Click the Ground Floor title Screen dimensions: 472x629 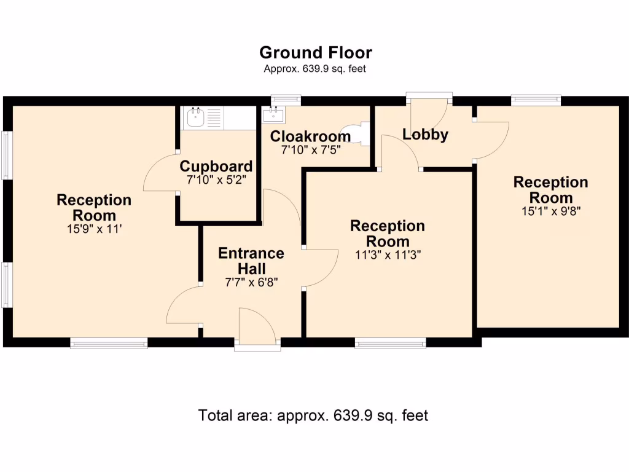click(315, 52)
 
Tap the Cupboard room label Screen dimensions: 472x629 click(216, 167)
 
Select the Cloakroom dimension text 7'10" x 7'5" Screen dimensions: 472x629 click(311, 149)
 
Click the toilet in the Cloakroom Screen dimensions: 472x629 click(356, 135)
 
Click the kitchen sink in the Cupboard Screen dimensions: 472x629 click(196, 117)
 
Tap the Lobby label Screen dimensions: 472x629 click(425, 135)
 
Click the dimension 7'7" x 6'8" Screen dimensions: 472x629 click(251, 283)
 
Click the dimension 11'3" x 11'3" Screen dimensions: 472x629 click(387, 254)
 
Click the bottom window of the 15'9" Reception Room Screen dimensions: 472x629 click(109, 344)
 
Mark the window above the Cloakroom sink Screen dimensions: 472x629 click(286, 99)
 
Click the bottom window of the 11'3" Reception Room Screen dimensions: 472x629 click(390, 344)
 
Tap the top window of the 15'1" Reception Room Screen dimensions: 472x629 click(536, 99)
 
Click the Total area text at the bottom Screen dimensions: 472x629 click(313, 415)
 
